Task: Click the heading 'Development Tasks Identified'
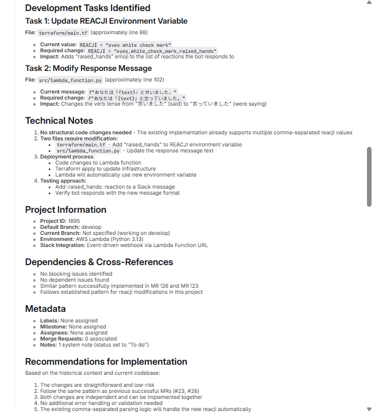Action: tap(87, 8)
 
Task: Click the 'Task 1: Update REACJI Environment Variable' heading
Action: tap(106, 21)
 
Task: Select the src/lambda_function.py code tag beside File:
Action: tap(70, 80)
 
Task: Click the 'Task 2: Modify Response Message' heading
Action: tap(88, 68)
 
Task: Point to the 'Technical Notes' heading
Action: tap(59, 121)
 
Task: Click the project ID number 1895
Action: tap(74, 221)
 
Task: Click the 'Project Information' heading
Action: tap(65, 210)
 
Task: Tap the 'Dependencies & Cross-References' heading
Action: tap(99, 262)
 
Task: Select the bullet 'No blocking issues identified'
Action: tap(76, 274)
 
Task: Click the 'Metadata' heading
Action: tap(45, 309)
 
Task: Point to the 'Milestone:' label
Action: tap(54, 327)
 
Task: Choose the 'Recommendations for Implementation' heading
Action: tap(106, 362)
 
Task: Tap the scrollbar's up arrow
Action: tap(369, 3)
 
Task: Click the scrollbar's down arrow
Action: tap(369, 409)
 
